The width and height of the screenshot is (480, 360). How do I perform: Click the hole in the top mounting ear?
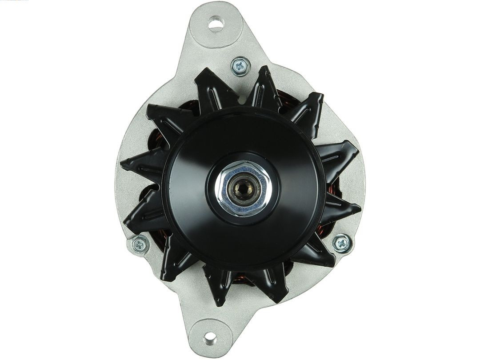[x=216, y=23]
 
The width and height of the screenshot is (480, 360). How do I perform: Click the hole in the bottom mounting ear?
[x=209, y=339]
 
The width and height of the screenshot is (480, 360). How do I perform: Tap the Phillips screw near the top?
[x=240, y=67]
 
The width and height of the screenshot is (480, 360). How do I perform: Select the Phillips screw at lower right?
[x=341, y=243]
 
